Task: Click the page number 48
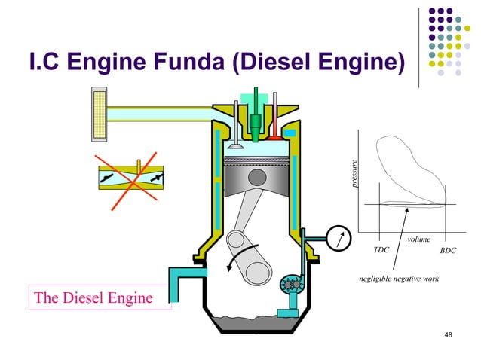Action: (x=449, y=334)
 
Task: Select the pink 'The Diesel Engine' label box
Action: (x=92, y=298)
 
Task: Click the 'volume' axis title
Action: (x=418, y=239)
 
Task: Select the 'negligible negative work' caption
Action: (x=400, y=279)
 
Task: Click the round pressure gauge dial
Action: (x=341, y=239)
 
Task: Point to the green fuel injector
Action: (x=257, y=121)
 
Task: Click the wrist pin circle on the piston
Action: (x=258, y=178)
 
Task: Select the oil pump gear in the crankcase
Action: (x=290, y=285)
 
